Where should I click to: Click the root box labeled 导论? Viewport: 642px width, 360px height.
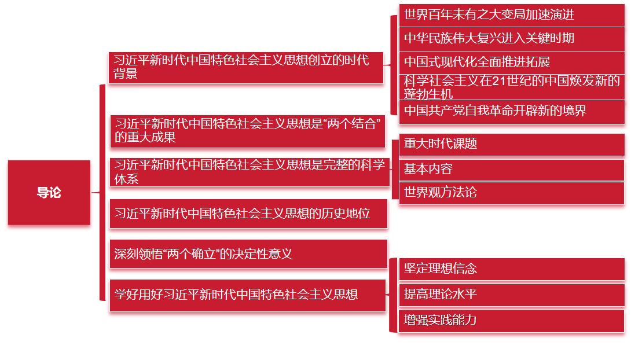point(49,193)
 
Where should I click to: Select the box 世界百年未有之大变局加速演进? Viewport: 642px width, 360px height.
point(512,14)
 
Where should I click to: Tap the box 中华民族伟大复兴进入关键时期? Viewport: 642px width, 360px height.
point(512,39)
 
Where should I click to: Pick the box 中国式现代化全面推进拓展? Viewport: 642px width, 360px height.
point(512,62)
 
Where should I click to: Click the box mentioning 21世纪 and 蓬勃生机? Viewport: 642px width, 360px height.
point(512,87)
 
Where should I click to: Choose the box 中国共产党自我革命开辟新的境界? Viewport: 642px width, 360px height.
point(512,111)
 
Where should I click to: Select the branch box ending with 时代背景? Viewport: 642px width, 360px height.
point(246,67)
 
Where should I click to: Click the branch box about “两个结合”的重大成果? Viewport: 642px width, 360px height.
point(247,131)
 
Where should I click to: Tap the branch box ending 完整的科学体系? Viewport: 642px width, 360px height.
point(250,172)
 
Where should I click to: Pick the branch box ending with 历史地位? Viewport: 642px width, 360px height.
point(248,214)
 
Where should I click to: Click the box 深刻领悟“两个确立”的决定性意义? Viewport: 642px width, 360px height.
point(248,254)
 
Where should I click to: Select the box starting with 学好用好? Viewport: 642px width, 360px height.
point(248,295)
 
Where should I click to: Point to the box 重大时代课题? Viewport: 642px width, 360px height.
point(512,144)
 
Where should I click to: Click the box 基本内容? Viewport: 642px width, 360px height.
point(512,170)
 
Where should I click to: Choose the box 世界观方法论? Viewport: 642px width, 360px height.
point(512,193)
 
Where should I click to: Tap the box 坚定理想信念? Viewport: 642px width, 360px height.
point(512,269)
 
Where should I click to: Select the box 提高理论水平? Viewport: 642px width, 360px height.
point(512,295)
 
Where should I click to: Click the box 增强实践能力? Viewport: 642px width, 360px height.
point(512,321)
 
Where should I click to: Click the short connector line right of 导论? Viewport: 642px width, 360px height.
point(96,193)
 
